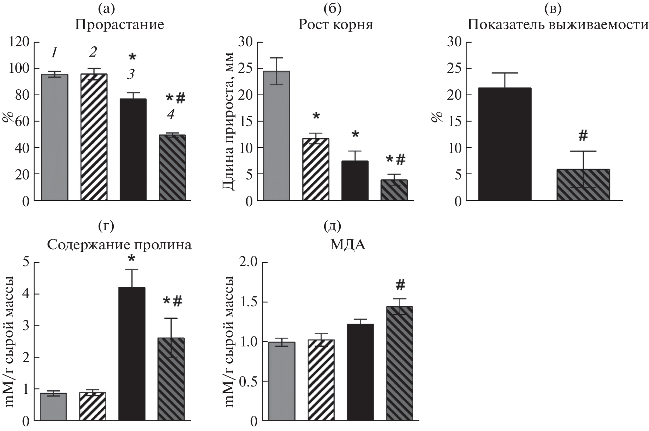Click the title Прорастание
point(120,25)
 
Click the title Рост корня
point(336,25)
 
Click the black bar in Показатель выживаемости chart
point(504,144)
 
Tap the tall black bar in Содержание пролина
point(132,353)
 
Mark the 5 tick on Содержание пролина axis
point(25,263)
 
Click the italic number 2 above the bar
point(93,52)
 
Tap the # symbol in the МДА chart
point(400,284)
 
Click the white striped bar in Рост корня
point(316,169)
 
